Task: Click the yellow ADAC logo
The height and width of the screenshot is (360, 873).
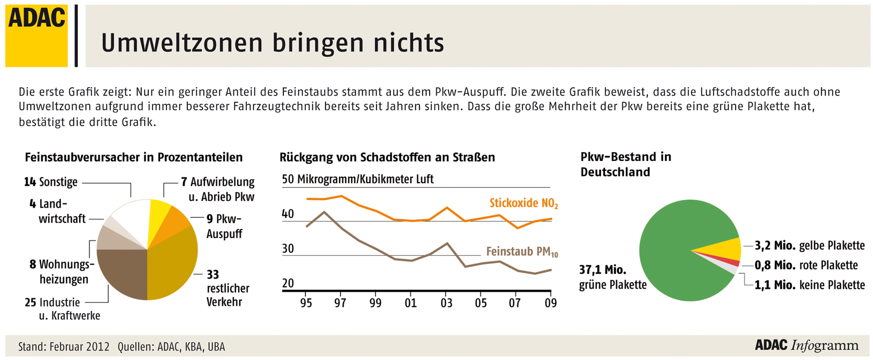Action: point(36,35)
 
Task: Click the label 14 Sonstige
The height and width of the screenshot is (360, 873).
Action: point(51,182)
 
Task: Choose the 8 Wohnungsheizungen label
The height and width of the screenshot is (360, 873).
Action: point(62,272)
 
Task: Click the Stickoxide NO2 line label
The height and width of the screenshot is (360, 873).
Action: point(523,203)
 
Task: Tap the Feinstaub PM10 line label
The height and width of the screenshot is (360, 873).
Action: point(522,252)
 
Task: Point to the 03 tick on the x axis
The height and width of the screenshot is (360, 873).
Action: point(446,303)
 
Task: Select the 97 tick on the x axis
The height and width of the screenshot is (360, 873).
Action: point(340,303)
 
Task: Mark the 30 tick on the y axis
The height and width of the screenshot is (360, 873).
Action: point(288,249)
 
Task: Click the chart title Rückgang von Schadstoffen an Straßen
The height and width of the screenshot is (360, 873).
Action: point(387,158)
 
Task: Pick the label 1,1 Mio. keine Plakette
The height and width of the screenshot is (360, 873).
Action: point(809,285)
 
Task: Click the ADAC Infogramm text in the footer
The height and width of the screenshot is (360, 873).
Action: point(806,345)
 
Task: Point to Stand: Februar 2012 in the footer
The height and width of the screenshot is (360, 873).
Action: point(64,347)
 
